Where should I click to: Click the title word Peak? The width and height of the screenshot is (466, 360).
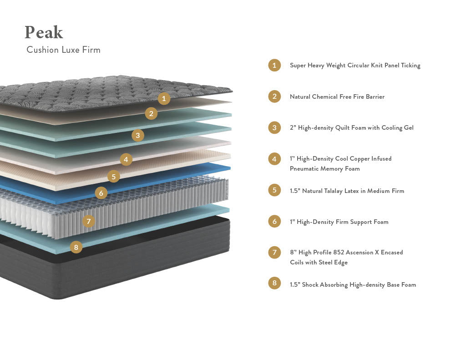point(44,32)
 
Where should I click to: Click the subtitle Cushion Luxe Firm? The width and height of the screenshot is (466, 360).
point(63,50)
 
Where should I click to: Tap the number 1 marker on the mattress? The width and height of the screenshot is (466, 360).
point(164,98)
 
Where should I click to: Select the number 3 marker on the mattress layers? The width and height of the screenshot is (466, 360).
point(138,135)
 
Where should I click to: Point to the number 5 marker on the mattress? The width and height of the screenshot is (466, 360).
point(114,176)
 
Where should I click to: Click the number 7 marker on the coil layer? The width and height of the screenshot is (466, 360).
point(89,222)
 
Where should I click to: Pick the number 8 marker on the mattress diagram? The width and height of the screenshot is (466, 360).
point(76,248)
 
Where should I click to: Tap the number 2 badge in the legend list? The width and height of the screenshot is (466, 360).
point(274,96)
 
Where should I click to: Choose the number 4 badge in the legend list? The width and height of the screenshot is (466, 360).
point(274,159)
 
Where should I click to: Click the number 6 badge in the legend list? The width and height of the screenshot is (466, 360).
point(274,222)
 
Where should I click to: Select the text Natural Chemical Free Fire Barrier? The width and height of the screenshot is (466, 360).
point(337,96)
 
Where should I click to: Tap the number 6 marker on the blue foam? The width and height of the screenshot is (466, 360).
point(101,193)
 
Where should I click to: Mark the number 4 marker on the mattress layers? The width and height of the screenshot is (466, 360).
point(126,159)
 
